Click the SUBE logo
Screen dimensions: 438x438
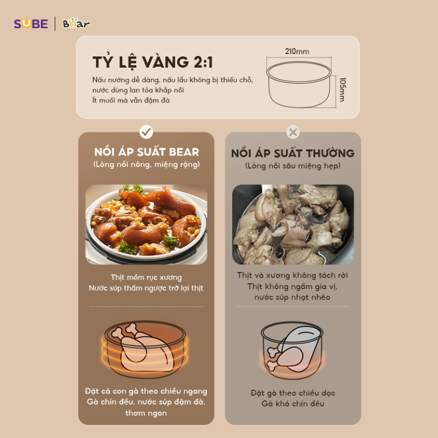[31, 23]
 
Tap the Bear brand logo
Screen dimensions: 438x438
[76, 23]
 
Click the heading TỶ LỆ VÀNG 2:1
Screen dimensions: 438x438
[152, 62]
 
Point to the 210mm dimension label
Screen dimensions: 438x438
[297, 51]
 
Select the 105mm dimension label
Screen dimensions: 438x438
[342, 90]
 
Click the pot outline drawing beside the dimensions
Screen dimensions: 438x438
[299, 84]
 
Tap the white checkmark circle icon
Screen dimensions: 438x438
[147, 132]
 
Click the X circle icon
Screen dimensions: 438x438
[293, 132]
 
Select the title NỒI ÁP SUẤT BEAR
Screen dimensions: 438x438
[147, 152]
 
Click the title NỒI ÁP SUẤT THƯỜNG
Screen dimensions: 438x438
[293, 153]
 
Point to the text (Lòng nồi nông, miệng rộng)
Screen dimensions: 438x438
[147, 164]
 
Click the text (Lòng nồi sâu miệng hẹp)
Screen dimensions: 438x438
[293, 166]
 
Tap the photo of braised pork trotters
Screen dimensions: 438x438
[147, 225]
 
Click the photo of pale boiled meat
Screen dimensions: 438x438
[293, 225]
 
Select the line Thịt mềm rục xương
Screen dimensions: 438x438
[147, 277]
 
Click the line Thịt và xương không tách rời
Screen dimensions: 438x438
[293, 275]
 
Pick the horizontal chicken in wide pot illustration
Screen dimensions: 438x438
[145, 349]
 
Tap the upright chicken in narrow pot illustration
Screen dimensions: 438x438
[292, 350]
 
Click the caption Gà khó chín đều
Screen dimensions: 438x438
[293, 404]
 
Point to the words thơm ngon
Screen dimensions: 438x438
[146, 413]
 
